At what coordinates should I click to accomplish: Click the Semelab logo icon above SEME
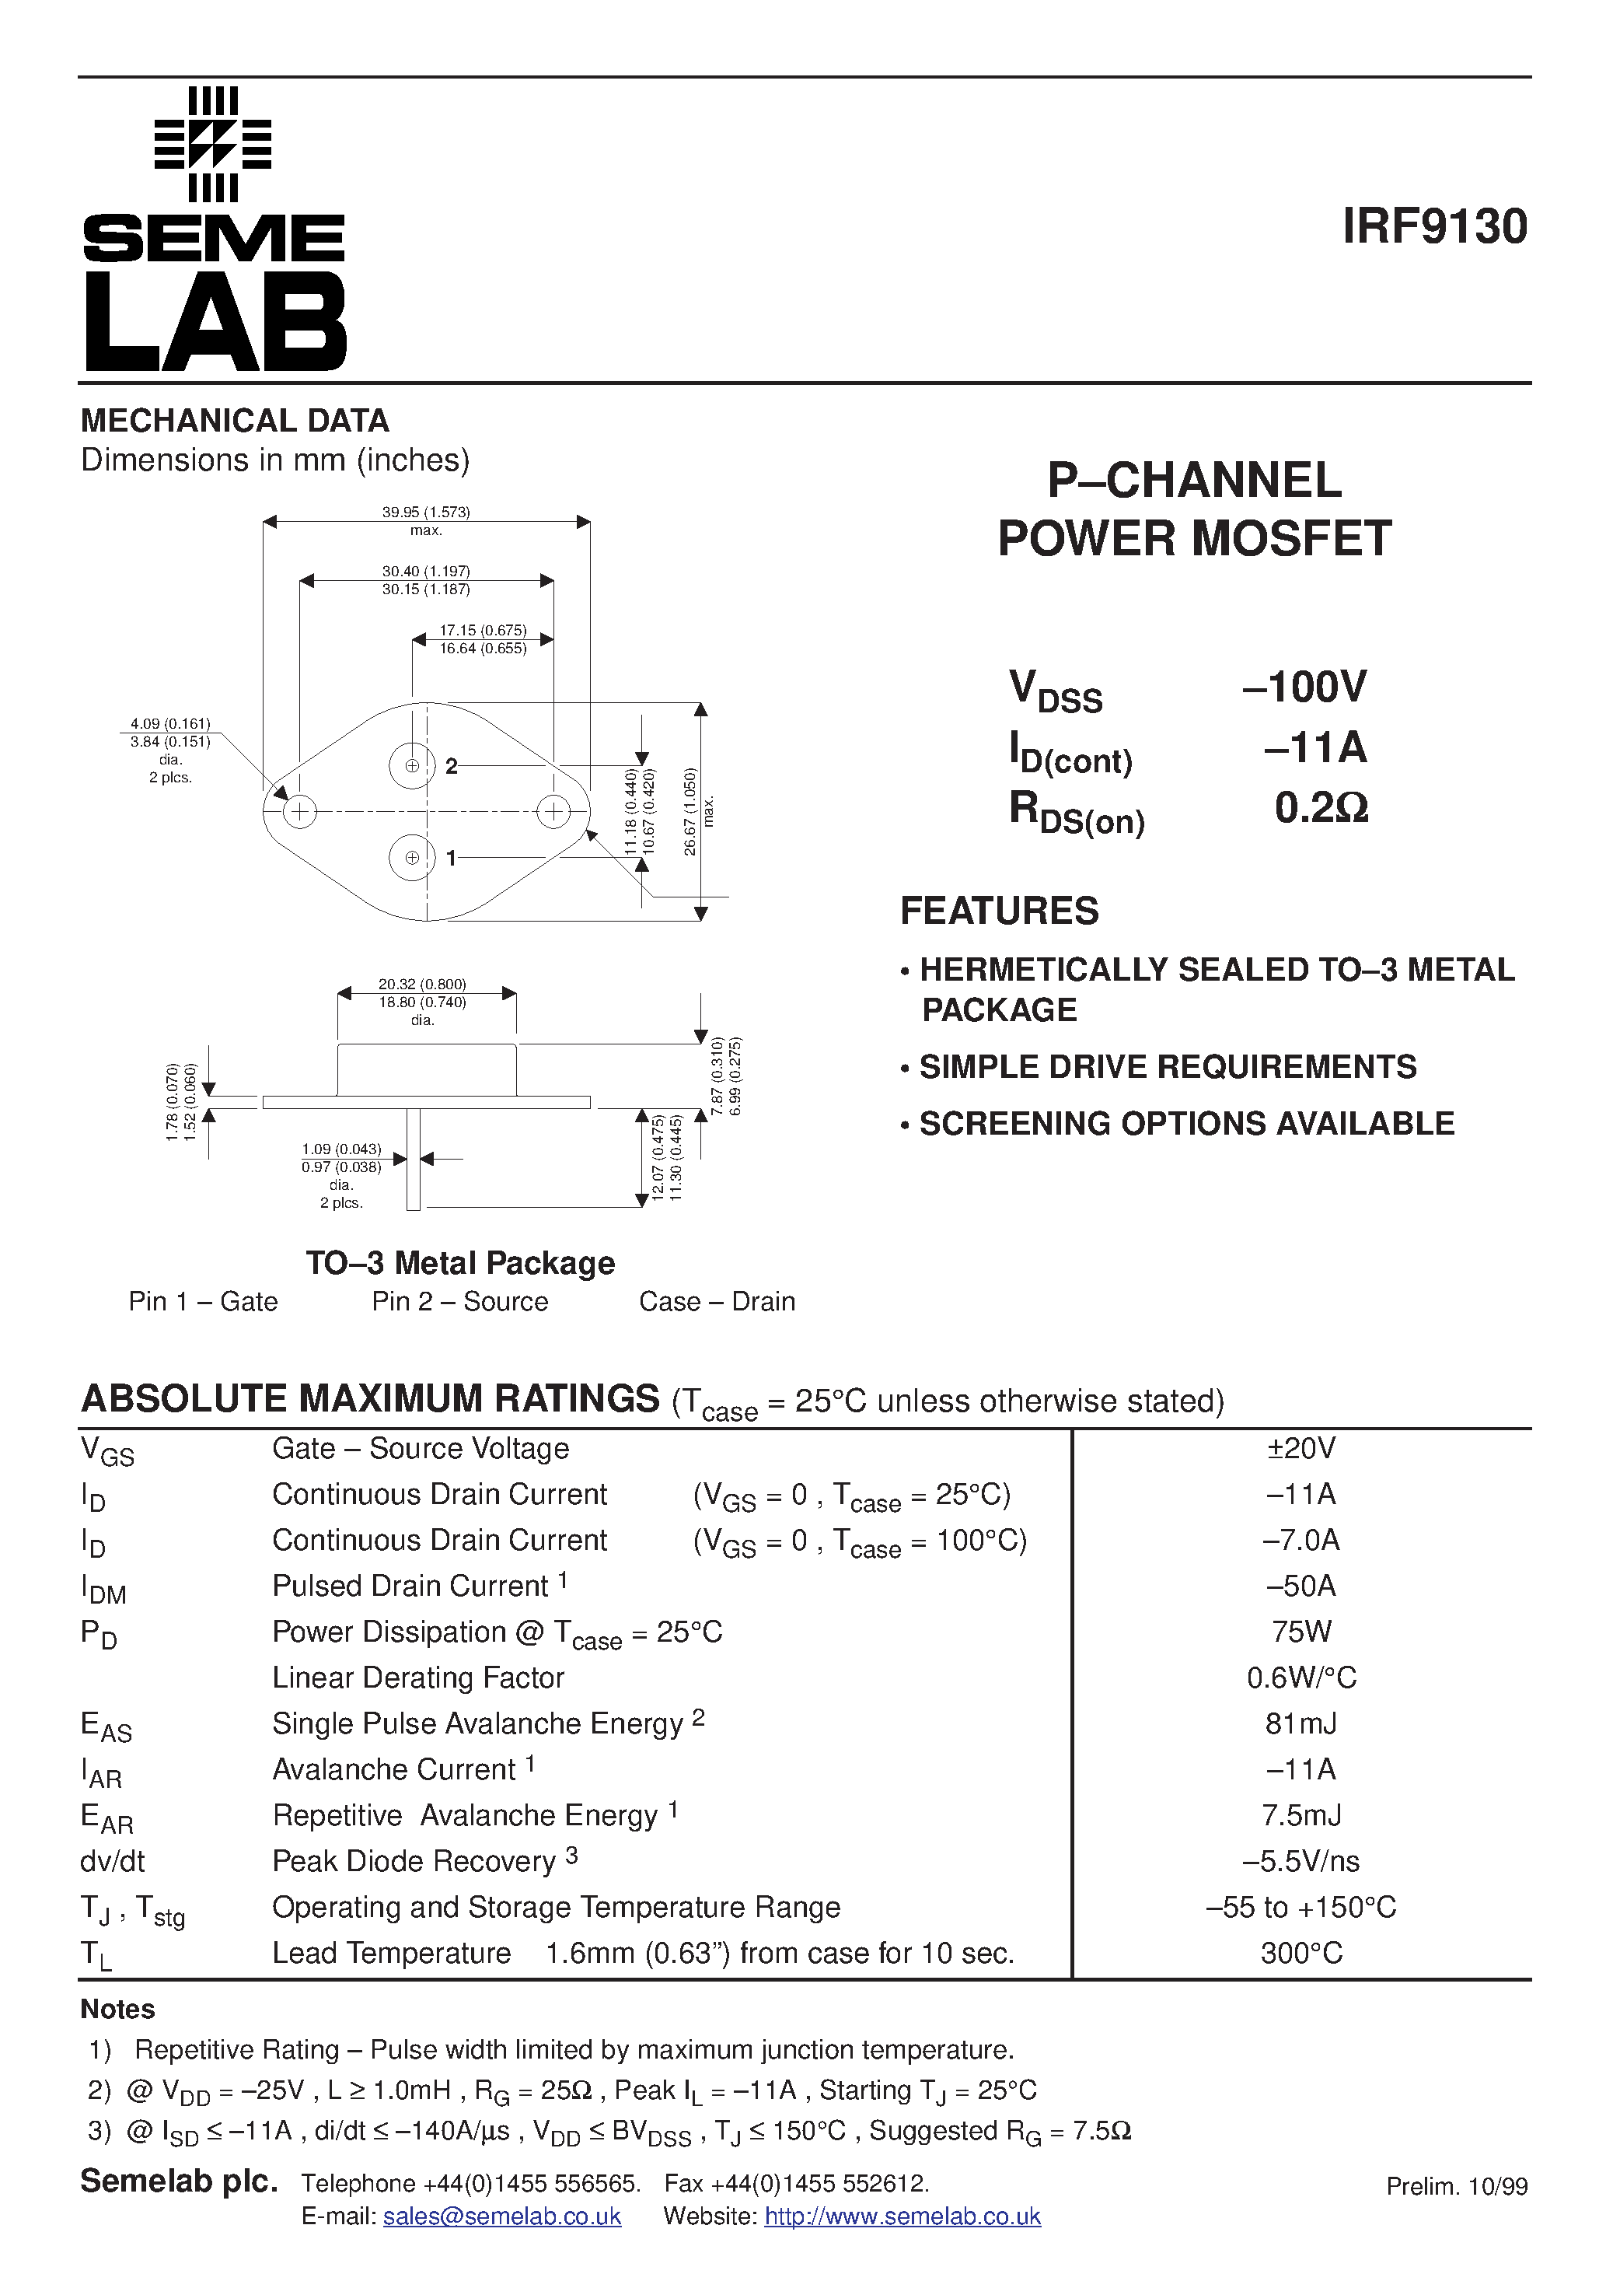pos(213,145)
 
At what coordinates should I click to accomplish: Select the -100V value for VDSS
pos(1304,687)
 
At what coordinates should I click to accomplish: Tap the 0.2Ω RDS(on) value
pos(1321,808)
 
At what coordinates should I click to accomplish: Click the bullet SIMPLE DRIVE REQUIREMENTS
pos(1168,1067)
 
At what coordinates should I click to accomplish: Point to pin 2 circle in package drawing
pos(412,764)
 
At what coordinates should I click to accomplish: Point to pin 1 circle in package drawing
pos(412,858)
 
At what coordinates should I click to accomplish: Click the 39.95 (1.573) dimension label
pos(426,512)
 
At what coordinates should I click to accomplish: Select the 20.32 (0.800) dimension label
pos(422,985)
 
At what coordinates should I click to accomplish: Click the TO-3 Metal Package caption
pos(459,1264)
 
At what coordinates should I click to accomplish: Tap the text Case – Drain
pos(717,1301)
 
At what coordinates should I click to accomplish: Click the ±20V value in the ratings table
pos(1301,1449)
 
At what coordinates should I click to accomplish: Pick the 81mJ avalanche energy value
pos(1301,1724)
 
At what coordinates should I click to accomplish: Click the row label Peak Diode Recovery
pos(414,1862)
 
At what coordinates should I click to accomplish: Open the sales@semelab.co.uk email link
pos(502,2216)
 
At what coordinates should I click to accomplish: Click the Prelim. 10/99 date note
pos(1457,2187)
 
